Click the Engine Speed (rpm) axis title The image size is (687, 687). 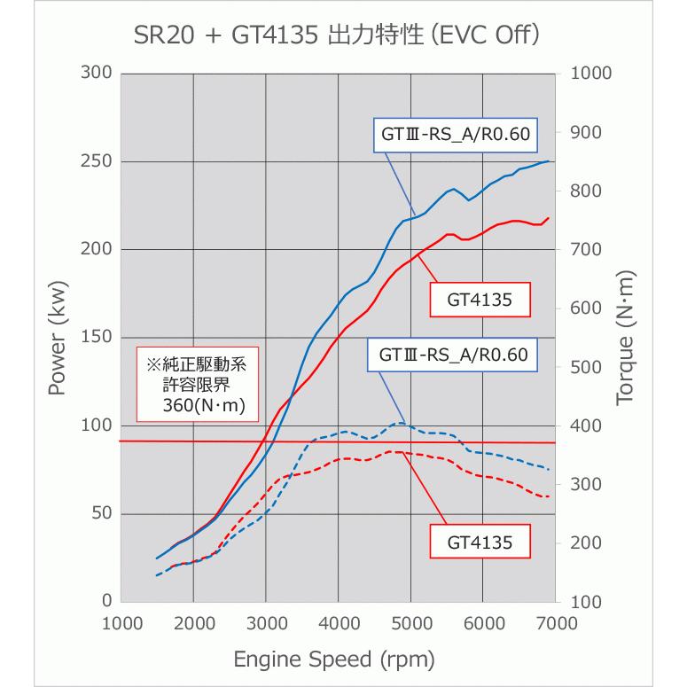click(334, 660)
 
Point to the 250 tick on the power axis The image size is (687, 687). click(95, 161)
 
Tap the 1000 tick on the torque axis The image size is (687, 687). click(591, 74)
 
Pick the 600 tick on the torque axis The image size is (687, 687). click(585, 308)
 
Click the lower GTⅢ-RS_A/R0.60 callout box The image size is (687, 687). click(453, 355)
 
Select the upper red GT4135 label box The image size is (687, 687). click(480, 300)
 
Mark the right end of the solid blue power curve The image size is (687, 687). click(549, 161)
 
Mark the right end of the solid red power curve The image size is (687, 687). click(549, 218)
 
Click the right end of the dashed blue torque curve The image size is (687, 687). click(549, 470)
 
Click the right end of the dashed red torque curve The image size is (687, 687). click(549, 496)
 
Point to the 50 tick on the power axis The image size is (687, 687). click(100, 514)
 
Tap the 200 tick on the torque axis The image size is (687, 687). click(585, 543)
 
